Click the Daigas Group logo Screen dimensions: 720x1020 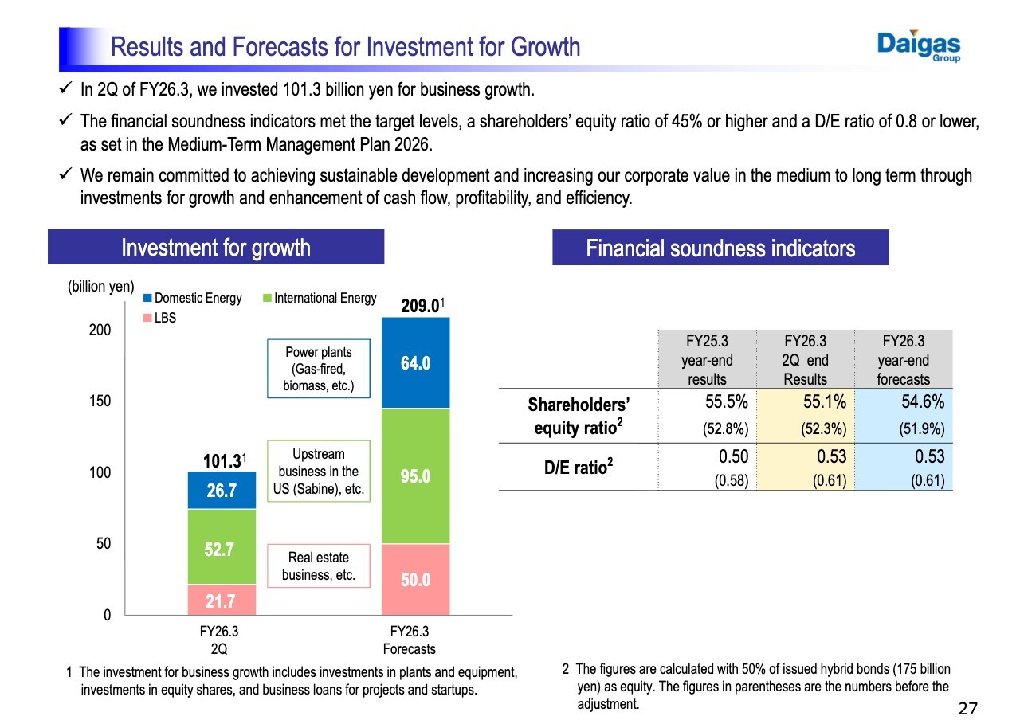pyautogui.click(x=919, y=46)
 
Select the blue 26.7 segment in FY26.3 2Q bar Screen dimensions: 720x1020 pyautogui.click(x=222, y=490)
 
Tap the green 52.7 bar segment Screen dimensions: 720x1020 pyautogui.click(x=222, y=547)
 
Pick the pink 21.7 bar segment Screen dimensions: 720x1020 pyautogui.click(x=222, y=600)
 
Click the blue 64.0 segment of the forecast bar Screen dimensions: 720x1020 pyautogui.click(x=415, y=363)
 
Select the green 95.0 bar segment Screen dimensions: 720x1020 pyautogui.click(x=415, y=475)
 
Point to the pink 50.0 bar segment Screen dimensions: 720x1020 pyautogui.click(x=415, y=579)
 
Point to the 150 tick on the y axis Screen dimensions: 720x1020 pyautogui.click(x=100, y=401)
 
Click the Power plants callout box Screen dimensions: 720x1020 pyautogui.click(x=318, y=370)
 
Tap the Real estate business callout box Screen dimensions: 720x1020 pyautogui.click(x=318, y=566)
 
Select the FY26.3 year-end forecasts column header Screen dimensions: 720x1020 pyautogui.click(x=903, y=360)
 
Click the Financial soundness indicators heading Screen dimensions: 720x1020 pyautogui.click(x=720, y=248)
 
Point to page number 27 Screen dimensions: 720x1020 pyautogui.click(x=967, y=708)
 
